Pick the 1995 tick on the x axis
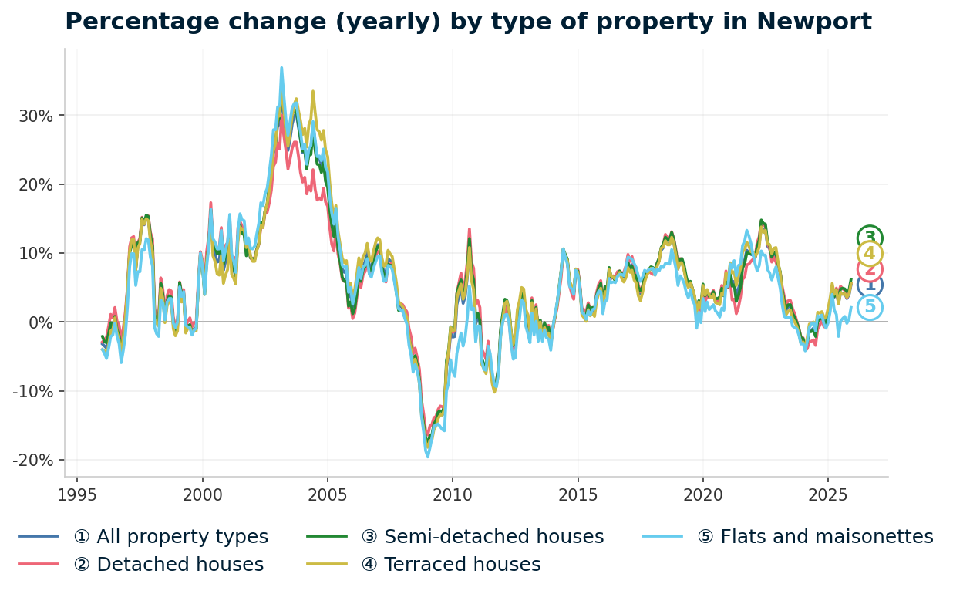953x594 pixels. click(x=77, y=494)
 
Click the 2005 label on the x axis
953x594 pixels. click(x=328, y=494)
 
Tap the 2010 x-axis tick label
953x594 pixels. click(x=453, y=494)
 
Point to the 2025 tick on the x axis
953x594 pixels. click(x=828, y=494)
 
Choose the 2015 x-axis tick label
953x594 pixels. click(x=578, y=494)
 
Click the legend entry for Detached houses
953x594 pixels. click(x=168, y=565)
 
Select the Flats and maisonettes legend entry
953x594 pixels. click(x=815, y=537)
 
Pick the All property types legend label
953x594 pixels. click(x=170, y=537)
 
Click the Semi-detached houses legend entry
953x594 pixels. click(x=482, y=537)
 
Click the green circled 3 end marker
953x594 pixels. click(x=870, y=238)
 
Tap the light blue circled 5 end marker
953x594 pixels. click(x=870, y=307)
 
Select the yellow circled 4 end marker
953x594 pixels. click(x=870, y=254)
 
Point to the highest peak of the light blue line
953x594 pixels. click(x=281, y=68)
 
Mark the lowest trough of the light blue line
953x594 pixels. click(x=428, y=457)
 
